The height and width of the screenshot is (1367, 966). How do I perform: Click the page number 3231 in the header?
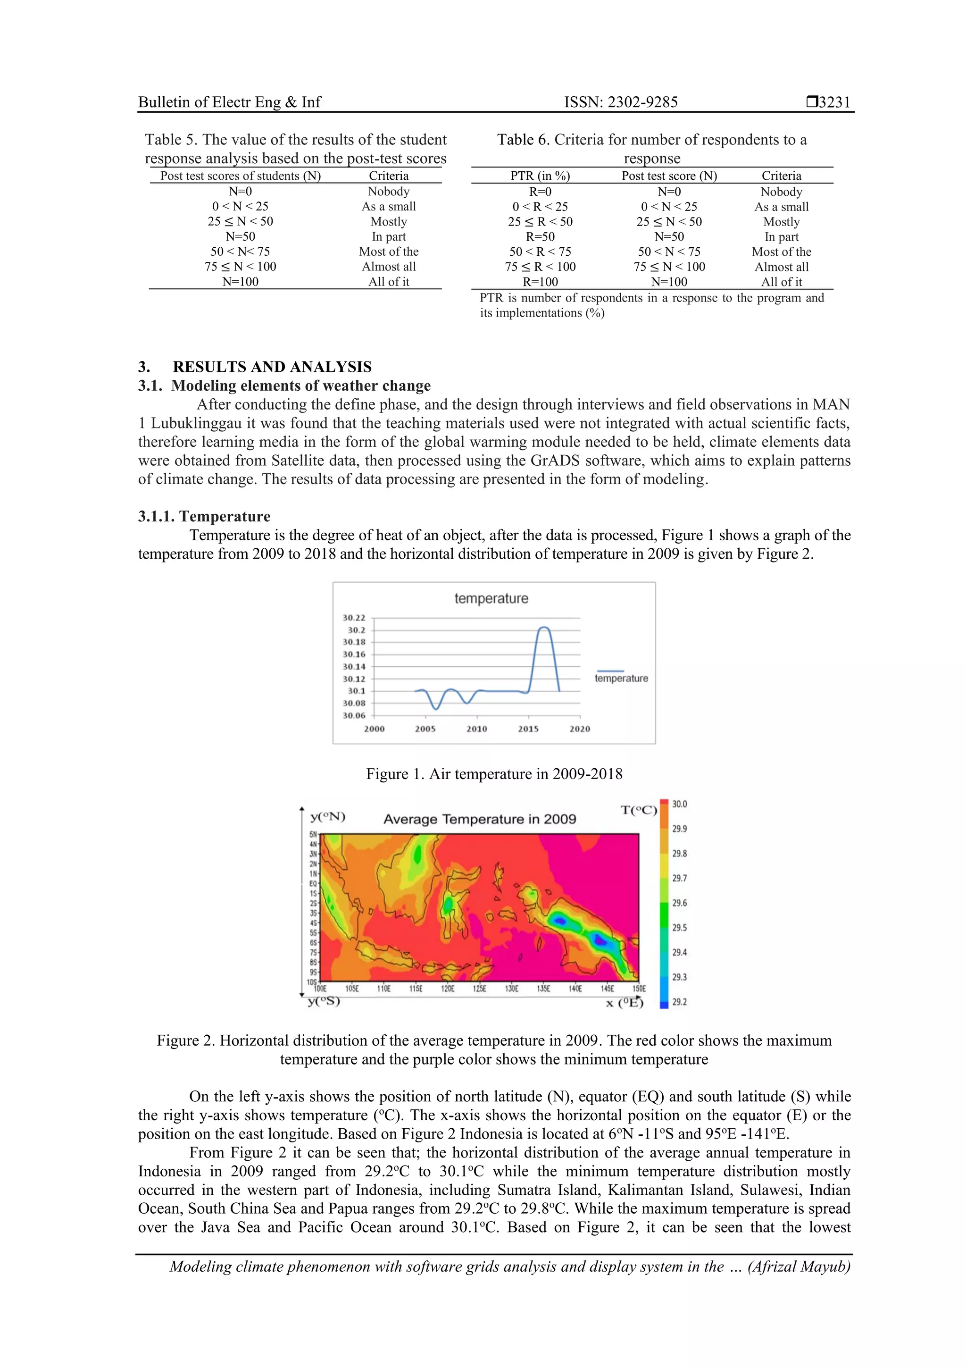[834, 102]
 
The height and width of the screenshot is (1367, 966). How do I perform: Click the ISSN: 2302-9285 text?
[621, 102]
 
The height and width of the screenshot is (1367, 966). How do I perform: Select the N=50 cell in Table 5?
[240, 236]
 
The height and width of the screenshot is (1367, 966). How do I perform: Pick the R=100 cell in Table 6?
[540, 282]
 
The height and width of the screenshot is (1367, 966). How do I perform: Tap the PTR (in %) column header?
[540, 176]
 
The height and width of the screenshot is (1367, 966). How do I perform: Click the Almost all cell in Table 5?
[389, 267]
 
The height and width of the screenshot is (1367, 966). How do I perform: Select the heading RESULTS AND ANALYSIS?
[272, 367]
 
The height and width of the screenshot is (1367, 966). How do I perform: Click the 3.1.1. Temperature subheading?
[204, 516]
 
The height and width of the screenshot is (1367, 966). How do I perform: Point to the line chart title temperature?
[491, 598]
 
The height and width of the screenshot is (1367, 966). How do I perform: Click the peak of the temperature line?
[543, 628]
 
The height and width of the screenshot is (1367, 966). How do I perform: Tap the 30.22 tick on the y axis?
[354, 618]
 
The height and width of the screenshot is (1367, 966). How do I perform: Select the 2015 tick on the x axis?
[528, 729]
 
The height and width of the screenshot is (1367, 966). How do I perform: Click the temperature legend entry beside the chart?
[621, 678]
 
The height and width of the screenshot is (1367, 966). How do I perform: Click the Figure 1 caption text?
[494, 774]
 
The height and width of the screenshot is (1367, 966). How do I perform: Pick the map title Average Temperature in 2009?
[480, 819]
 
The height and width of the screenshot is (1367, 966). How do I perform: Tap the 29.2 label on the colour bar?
[679, 1002]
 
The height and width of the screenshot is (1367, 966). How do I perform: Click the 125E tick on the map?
[479, 989]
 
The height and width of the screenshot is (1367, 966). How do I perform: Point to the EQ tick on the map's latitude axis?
[313, 883]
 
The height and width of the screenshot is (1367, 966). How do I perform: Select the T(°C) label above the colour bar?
[639, 810]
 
